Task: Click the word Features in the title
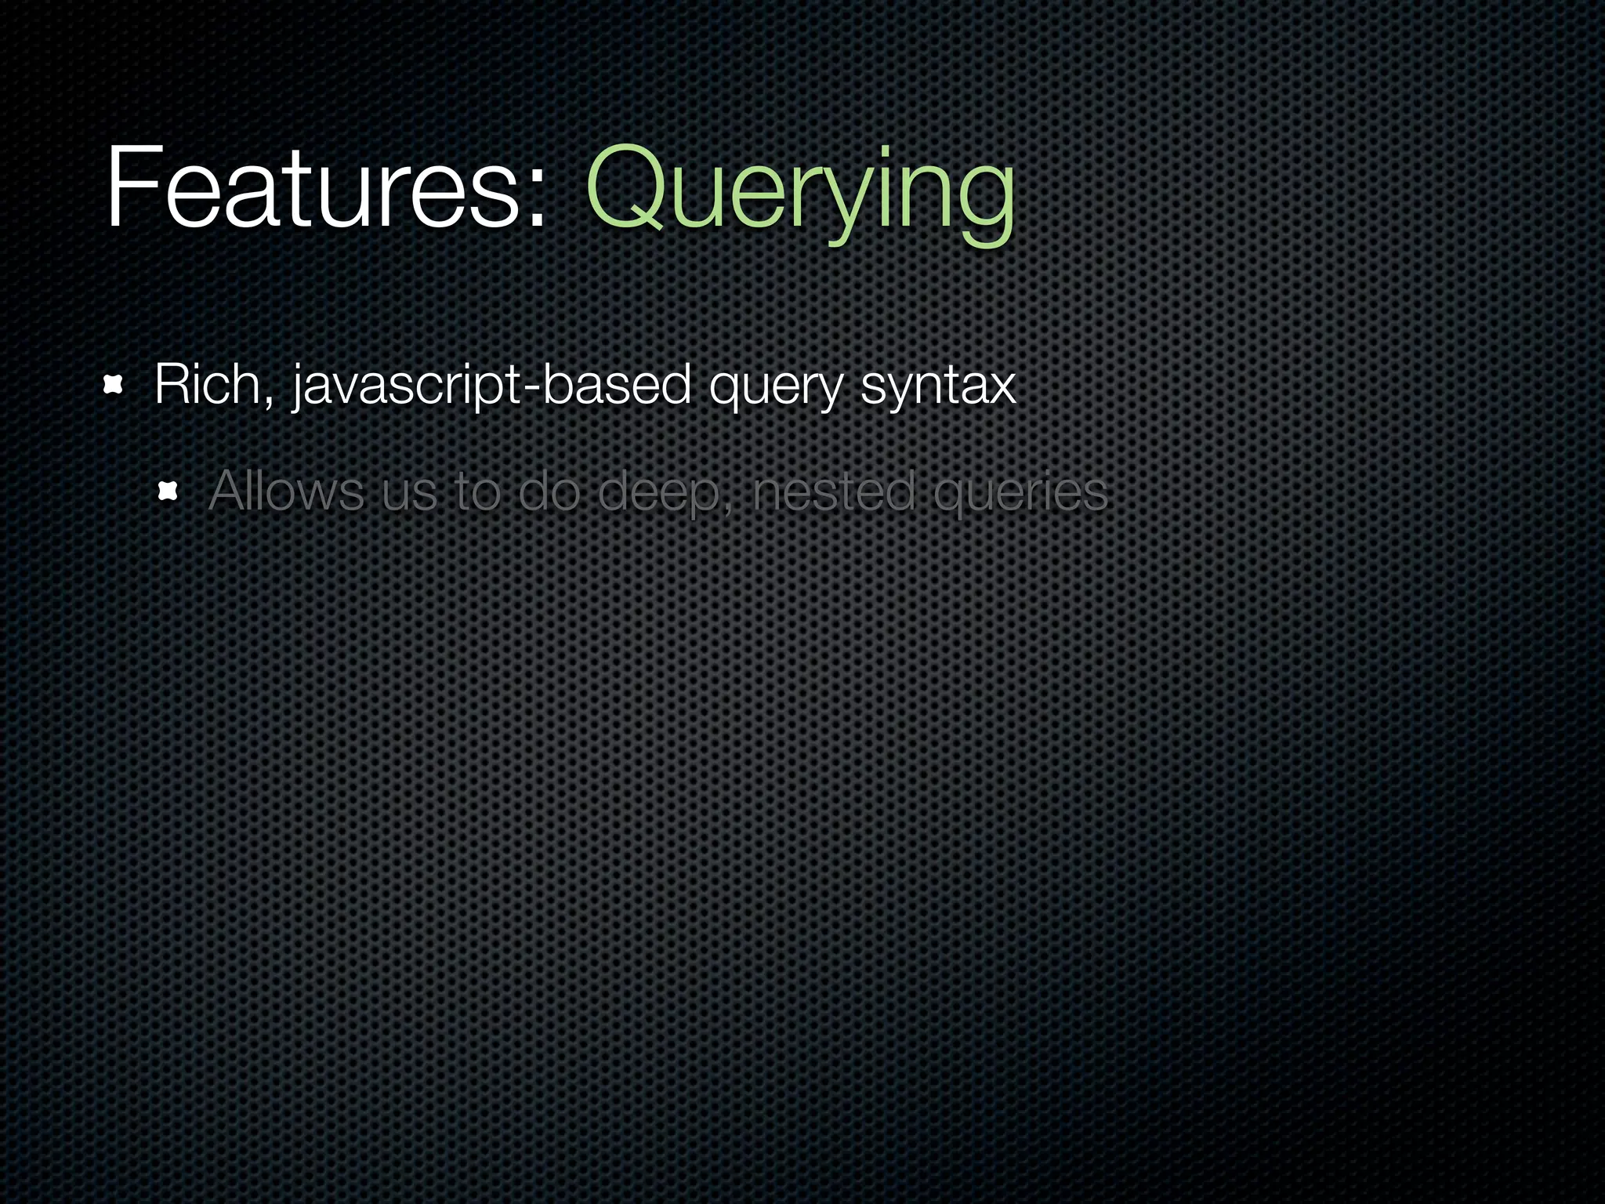tap(313, 188)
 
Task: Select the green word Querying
tap(799, 192)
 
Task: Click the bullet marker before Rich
tap(114, 385)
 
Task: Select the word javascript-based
tap(490, 386)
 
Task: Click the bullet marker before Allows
tap(168, 491)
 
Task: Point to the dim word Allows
tap(286, 491)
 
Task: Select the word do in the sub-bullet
tap(549, 491)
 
